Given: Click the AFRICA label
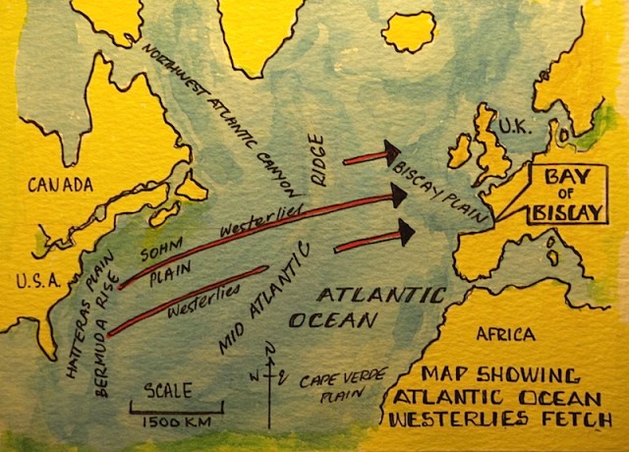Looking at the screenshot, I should pos(505,335).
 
